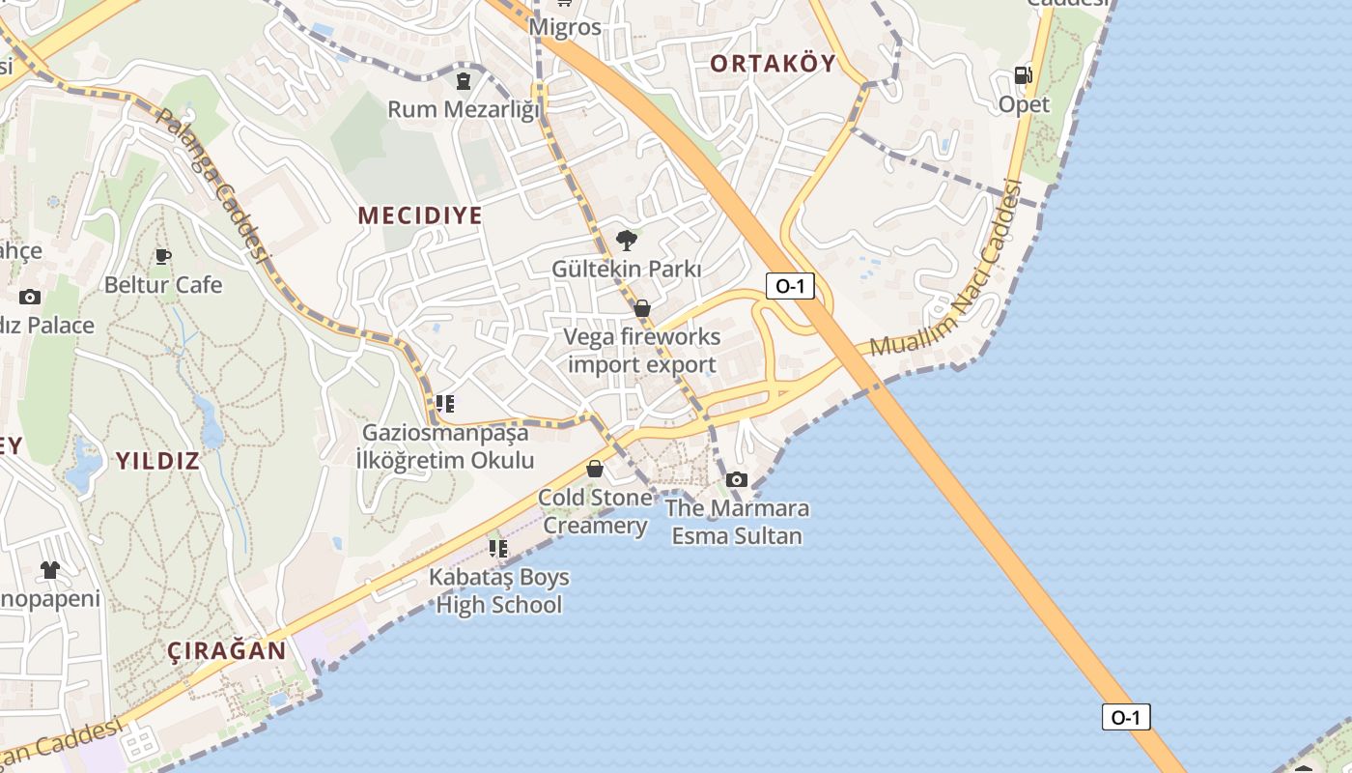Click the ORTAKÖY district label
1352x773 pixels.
773,64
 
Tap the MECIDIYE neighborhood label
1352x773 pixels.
420,215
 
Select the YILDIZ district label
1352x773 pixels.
157,461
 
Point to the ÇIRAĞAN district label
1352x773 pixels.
227,650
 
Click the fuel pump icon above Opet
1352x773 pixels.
1023,75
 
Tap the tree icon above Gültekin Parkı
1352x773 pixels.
627,240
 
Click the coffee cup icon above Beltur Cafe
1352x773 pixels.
163,256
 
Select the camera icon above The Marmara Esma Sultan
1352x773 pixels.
737,479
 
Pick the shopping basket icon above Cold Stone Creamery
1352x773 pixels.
595,469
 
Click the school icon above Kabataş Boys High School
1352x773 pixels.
498,549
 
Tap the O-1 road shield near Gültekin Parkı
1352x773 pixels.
790,286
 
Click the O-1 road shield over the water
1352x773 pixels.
1126,717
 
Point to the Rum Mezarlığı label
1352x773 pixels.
464,109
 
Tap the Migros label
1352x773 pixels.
565,27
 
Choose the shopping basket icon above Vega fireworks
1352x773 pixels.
642,308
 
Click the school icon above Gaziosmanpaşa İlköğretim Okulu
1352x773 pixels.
444,403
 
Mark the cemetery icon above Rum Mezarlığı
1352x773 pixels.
464,80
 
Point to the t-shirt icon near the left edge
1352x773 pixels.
50,570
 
